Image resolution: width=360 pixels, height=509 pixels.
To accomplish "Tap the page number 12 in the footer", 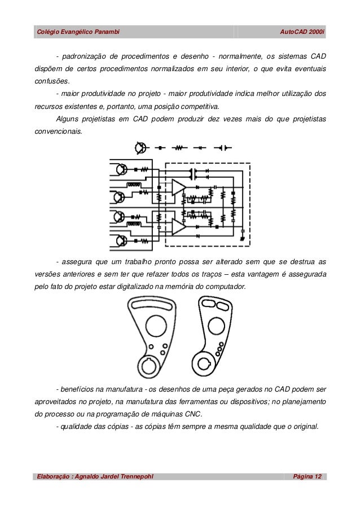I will click(317, 478).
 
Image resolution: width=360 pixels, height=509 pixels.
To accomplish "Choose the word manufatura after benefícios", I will click(121, 389).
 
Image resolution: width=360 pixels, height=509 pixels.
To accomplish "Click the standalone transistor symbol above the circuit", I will click(140, 148).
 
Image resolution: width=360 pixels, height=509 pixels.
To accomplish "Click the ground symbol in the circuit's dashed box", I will click(242, 239).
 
